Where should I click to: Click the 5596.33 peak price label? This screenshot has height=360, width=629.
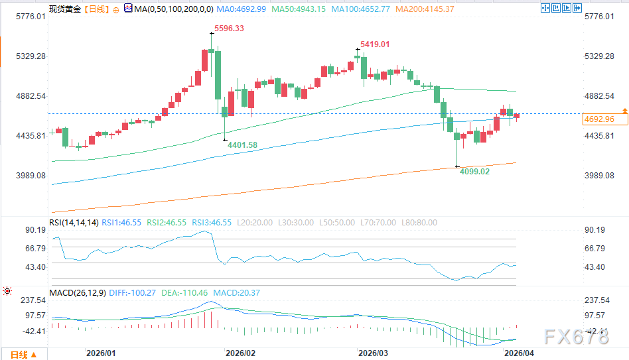click(228, 29)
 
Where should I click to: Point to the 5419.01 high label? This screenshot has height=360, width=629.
click(375, 44)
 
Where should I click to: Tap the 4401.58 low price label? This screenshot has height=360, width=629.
click(242, 145)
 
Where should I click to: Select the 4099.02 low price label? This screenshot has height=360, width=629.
click(475, 171)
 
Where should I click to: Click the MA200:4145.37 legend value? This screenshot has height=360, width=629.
click(425, 9)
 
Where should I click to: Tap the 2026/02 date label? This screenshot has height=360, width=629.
click(240, 353)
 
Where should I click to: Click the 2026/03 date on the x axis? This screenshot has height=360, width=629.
click(373, 353)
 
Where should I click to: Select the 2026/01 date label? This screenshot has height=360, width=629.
click(101, 353)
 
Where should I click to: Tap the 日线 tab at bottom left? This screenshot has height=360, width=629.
click(19, 355)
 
